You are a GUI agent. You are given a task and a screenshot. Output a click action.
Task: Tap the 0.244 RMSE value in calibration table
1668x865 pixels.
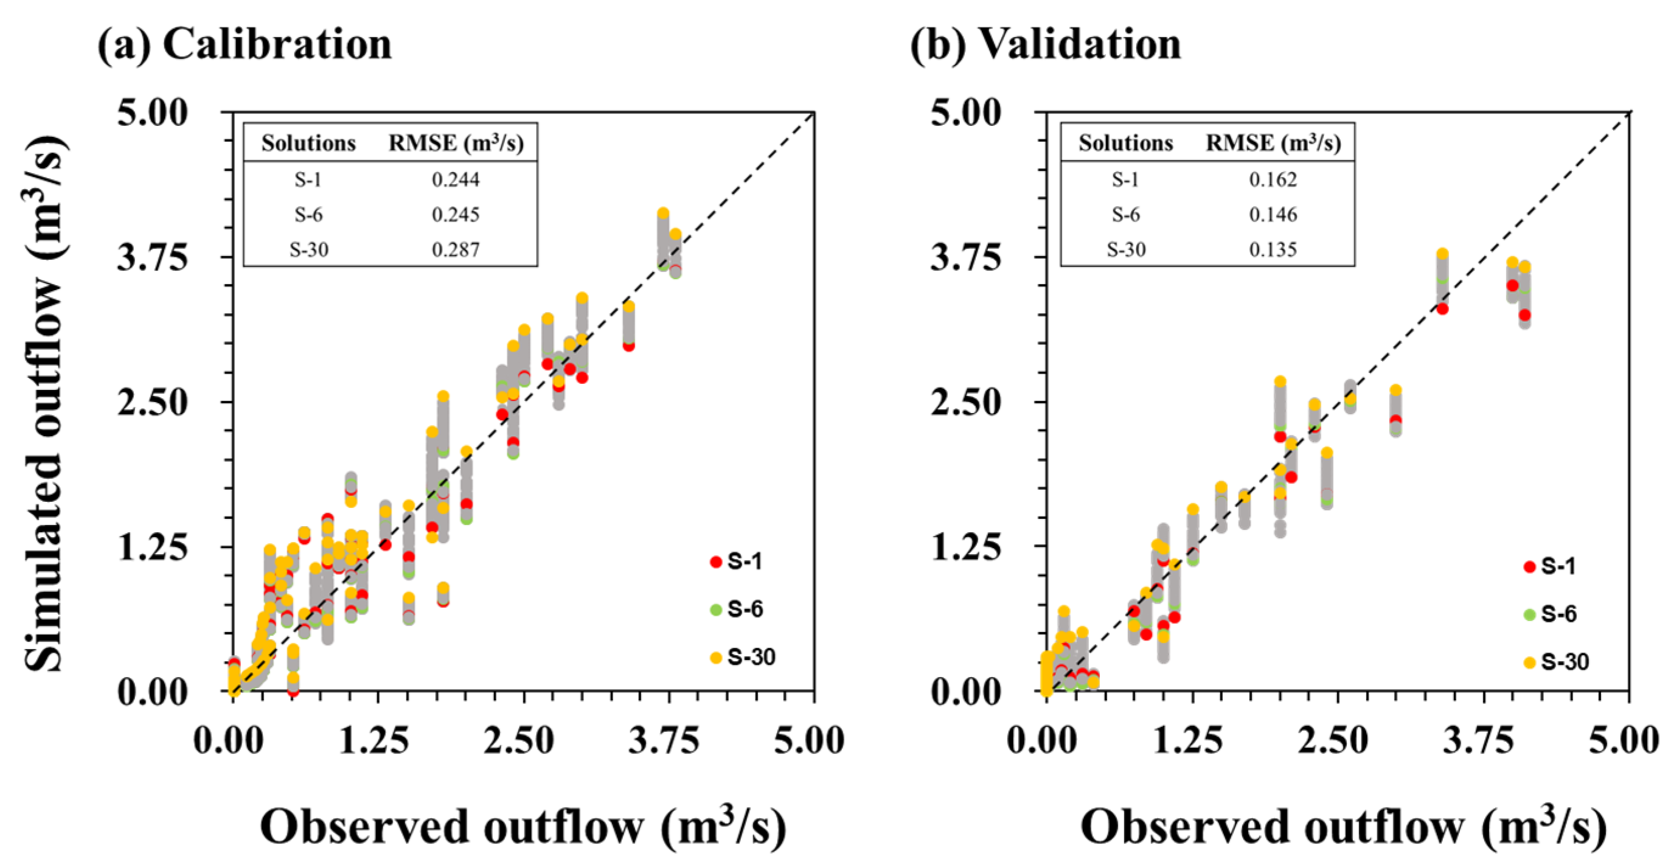tap(456, 179)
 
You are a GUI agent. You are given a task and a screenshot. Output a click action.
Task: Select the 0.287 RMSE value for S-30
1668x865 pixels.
tap(456, 249)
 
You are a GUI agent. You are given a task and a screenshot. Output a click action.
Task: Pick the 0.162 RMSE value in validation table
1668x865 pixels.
tap(1273, 179)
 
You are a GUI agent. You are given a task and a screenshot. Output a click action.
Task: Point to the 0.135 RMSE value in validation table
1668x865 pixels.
tap(1273, 249)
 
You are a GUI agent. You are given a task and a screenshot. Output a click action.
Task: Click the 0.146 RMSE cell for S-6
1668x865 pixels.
tap(1273, 214)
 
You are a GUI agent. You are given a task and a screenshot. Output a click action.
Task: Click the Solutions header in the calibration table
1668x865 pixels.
tap(308, 143)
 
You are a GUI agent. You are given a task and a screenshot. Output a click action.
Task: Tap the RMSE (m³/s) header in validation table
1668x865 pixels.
tap(1273, 143)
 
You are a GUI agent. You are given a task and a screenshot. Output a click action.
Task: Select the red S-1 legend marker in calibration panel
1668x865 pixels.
tap(715, 561)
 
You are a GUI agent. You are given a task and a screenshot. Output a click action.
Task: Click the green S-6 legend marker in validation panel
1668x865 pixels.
tap(1529, 614)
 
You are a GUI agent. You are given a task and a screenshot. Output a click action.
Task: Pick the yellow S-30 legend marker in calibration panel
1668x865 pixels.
tap(715, 657)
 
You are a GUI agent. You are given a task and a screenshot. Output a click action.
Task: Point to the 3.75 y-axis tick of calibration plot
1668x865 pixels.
tap(153, 257)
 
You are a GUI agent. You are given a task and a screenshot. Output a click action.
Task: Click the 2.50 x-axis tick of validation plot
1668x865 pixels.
tap(1333, 740)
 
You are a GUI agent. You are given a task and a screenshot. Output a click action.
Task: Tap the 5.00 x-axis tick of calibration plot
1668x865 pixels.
tap(810, 740)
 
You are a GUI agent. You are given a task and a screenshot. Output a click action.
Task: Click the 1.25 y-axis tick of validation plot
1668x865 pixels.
tap(966, 547)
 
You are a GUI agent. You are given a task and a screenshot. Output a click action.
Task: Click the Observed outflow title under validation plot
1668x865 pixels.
tap(1343, 827)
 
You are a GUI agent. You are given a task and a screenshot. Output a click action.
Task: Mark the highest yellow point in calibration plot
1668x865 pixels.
tap(663, 214)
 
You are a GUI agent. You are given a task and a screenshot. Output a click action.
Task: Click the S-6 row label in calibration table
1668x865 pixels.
tap(308, 214)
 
